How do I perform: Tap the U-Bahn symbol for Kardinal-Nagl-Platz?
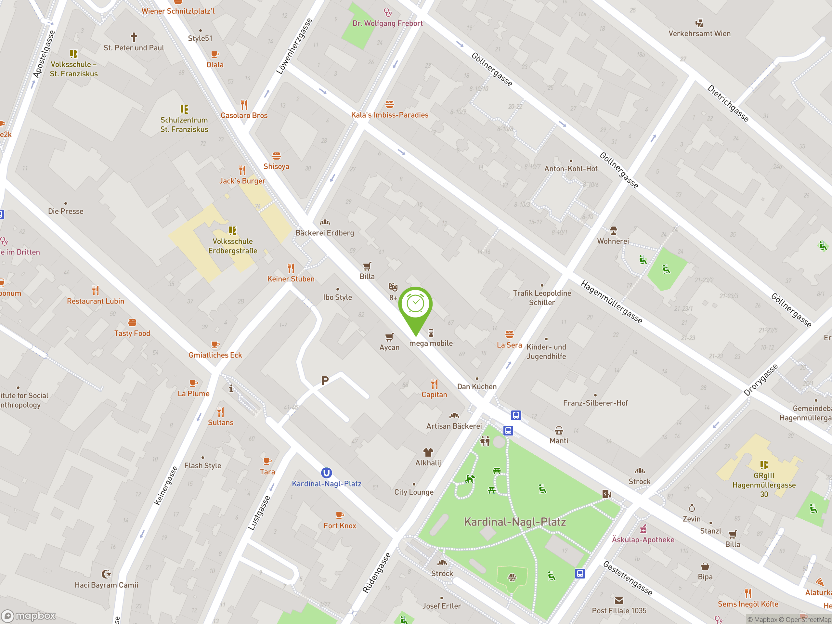pos(326,473)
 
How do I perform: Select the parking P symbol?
pos(325,380)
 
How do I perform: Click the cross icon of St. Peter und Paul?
pos(134,37)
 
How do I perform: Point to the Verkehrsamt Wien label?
pos(699,33)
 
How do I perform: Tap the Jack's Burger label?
pos(242,181)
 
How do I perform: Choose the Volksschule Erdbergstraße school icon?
pos(232,230)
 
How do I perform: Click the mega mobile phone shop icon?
pos(431,333)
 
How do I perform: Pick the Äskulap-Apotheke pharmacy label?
pos(643,539)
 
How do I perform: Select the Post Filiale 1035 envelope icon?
pos(619,600)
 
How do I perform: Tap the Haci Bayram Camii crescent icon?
pos(107,574)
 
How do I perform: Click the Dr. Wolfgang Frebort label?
pos(387,23)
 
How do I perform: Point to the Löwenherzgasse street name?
pos(294,46)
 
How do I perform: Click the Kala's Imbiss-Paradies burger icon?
pos(389,104)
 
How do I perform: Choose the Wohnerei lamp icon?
pos(613,230)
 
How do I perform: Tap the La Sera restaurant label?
pos(509,345)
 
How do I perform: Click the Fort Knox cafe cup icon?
pos(340,515)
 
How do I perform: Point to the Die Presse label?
pos(66,211)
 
